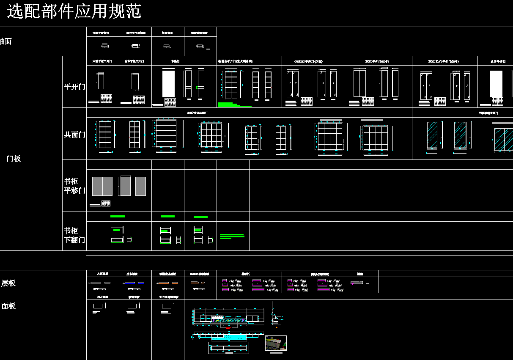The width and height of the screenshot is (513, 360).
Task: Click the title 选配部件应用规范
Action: (74, 11)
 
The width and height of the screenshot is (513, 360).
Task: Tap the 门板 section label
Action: (14, 159)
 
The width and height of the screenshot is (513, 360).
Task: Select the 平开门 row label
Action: (74, 87)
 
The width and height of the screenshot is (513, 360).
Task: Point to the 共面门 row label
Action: (74, 135)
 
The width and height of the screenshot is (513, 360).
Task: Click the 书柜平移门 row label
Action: (74, 186)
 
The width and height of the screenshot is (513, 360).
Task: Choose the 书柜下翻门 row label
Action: (74, 235)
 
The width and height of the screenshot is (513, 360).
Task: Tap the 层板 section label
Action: (8, 283)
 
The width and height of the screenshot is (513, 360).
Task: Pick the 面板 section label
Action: (8, 306)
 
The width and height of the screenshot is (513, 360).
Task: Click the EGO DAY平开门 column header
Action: (443, 61)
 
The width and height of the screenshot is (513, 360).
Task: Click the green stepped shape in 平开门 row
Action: (230, 104)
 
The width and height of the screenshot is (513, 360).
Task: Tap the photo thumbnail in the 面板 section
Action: (276, 343)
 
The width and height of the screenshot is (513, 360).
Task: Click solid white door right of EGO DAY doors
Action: (496, 84)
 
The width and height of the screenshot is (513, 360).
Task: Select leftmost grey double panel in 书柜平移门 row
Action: (102, 186)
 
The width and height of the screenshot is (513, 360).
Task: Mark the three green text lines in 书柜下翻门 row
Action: (232, 236)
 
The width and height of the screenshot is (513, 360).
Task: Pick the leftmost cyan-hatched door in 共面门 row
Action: (432, 135)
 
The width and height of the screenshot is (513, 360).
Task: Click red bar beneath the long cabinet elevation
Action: (229, 328)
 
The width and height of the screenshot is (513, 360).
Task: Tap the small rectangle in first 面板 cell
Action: (97, 305)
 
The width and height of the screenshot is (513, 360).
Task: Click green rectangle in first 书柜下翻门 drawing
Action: (116, 230)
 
